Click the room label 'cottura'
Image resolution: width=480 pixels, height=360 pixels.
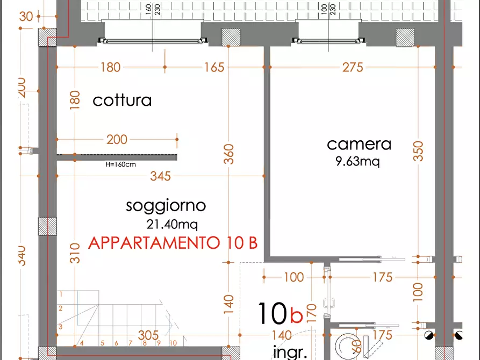pos(122,100)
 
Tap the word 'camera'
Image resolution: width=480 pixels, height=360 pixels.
pos(359,144)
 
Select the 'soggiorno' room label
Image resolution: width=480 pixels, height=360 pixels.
pos(166,205)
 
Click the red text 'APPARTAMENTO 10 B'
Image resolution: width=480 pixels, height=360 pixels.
pos(173,243)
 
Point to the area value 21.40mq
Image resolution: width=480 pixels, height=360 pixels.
pos(170,224)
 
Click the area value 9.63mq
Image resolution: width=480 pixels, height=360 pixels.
pos(357,162)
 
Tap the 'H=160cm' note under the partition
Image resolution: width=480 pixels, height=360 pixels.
pos(120,164)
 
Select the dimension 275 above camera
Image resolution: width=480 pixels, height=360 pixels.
pos(353,67)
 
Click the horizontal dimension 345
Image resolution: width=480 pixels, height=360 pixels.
pos(160,176)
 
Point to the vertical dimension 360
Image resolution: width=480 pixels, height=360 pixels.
pos(228,155)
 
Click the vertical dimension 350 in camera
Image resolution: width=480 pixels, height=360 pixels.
pos(419,151)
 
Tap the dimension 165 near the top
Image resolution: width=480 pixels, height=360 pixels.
pos(214,67)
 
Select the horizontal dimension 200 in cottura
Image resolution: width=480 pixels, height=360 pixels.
pos(117,140)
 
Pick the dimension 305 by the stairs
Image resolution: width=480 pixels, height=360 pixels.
pos(148,335)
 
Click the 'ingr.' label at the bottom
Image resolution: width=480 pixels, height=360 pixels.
pos(290,352)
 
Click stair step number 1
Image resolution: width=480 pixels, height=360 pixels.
pos(61,294)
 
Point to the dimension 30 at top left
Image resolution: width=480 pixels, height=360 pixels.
pos(25,16)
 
